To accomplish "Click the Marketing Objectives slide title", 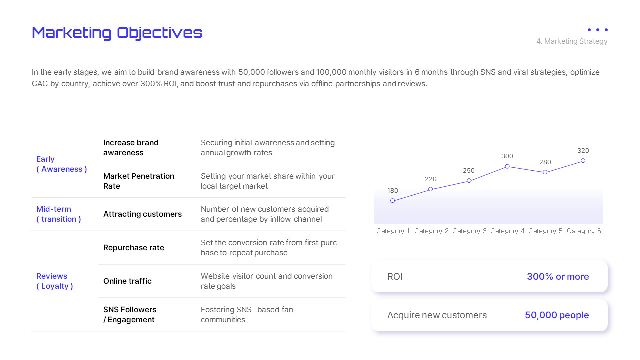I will pyautogui.click(x=117, y=33).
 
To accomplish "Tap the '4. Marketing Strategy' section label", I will pyautogui.click(x=572, y=41).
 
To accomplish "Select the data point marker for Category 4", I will pyautogui.click(x=507, y=166).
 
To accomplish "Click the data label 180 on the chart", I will pyautogui.click(x=393, y=190).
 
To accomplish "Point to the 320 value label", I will pyautogui.click(x=583, y=150).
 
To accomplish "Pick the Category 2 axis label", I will pyautogui.click(x=431, y=231).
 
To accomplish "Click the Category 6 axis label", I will pyautogui.click(x=584, y=231).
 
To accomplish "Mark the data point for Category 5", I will pyautogui.click(x=545, y=172).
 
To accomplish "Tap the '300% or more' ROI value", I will pyautogui.click(x=558, y=277).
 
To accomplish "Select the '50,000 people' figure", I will pyautogui.click(x=557, y=315).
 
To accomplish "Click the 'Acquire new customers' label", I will pyautogui.click(x=437, y=315).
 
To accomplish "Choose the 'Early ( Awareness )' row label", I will pyautogui.click(x=61, y=164).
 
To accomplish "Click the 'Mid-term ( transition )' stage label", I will pyautogui.click(x=58, y=214).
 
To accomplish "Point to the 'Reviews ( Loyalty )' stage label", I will pyautogui.click(x=55, y=281).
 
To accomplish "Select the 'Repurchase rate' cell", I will pyautogui.click(x=133, y=248).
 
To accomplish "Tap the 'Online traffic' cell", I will pyautogui.click(x=127, y=281).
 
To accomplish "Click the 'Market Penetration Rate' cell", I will pyautogui.click(x=138, y=181).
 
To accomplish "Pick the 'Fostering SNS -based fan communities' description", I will pyautogui.click(x=247, y=315).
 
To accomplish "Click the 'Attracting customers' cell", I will pyautogui.click(x=142, y=214).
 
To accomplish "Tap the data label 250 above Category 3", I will pyautogui.click(x=469, y=171).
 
